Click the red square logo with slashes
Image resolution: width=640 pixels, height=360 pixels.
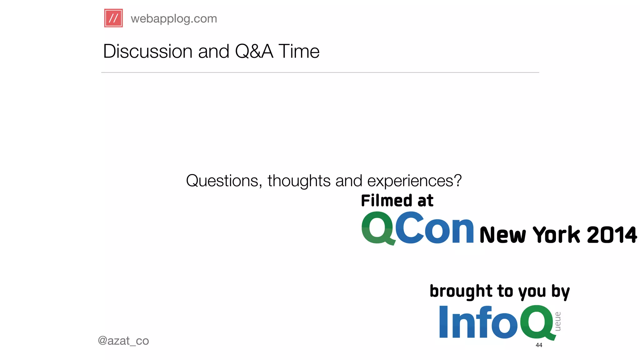tap(113, 18)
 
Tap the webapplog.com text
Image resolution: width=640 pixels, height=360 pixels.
tap(174, 19)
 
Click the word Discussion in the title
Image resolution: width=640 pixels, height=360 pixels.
tap(147, 51)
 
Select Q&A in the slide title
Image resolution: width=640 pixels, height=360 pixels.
tap(254, 51)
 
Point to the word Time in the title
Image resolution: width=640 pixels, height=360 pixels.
tap(299, 51)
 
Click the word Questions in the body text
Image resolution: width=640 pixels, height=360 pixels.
tap(222, 181)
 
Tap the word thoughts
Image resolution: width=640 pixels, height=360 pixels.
tap(298, 181)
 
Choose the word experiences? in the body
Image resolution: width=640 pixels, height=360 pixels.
tap(414, 181)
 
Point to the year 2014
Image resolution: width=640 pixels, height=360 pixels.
tap(612, 235)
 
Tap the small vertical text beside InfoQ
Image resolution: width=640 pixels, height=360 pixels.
tap(558, 321)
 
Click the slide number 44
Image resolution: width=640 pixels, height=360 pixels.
tap(539, 345)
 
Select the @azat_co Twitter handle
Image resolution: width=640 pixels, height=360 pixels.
tap(123, 341)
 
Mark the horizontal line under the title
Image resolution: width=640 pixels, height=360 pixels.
tap(320, 72)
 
